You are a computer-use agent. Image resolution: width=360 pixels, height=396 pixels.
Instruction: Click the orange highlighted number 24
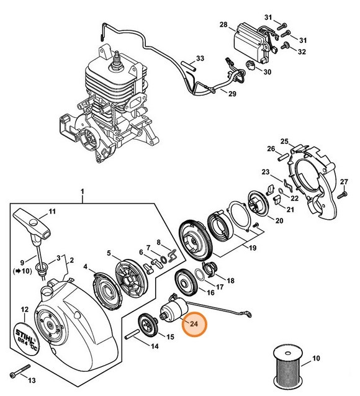pos(194,323)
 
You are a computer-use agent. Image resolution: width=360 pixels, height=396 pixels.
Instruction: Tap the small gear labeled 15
pos(146,323)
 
